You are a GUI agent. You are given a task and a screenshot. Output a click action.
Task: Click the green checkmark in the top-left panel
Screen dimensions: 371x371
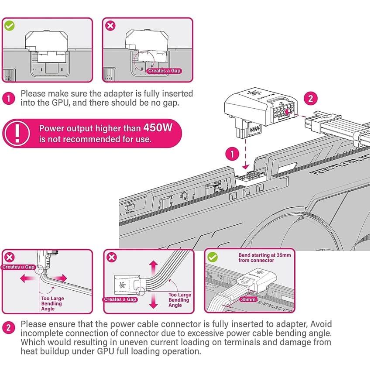[x=9, y=25]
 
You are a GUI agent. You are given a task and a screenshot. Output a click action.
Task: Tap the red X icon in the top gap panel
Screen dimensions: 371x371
[x=111, y=25]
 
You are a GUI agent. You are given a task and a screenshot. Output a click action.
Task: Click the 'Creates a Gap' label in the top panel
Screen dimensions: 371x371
[x=164, y=71]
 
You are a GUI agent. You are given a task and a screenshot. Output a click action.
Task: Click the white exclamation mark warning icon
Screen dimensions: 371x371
[x=16, y=133]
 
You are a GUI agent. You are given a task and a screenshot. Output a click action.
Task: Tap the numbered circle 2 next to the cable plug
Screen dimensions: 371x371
[x=310, y=98]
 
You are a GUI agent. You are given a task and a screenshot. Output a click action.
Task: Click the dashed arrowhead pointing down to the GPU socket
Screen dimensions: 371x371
[x=245, y=166]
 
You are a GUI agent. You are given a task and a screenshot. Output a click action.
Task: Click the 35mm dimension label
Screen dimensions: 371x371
[x=248, y=300]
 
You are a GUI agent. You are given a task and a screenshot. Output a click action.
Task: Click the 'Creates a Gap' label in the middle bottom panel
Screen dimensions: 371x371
[x=120, y=299]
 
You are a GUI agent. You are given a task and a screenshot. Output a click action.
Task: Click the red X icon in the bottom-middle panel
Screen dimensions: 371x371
[x=111, y=257]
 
